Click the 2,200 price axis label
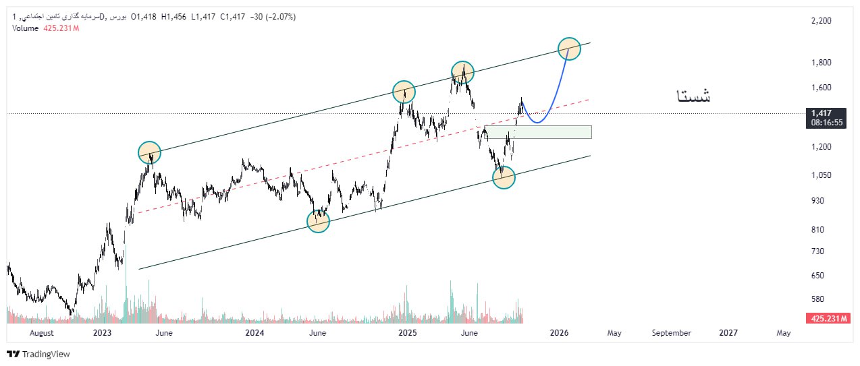pyautogui.click(x=821, y=21)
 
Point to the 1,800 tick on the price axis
pyautogui.click(x=821, y=63)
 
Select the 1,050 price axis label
pyautogui.click(x=821, y=175)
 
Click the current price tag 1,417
pyautogui.click(x=821, y=113)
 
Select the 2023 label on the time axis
pyautogui.click(x=102, y=332)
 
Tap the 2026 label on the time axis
pyautogui.click(x=559, y=332)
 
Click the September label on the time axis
pyautogui.click(x=672, y=332)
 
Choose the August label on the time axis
pyautogui.click(x=42, y=332)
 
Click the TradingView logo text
pyautogui.click(x=46, y=354)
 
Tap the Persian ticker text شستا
pyautogui.click(x=693, y=96)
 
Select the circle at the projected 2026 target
pyautogui.click(x=569, y=48)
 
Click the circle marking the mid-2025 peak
pyautogui.click(x=462, y=71)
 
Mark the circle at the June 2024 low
pyautogui.click(x=318, y=221)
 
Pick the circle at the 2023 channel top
pyautogui.click(x=149, y=153)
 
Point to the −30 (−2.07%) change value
pyautogui.click(x=273, y=16)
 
